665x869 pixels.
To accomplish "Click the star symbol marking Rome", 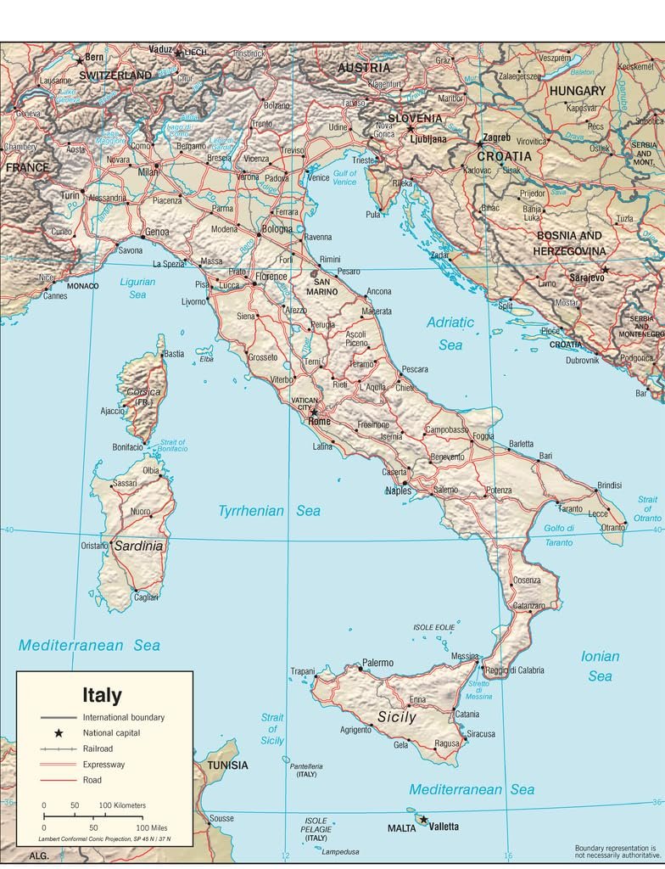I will click(313, 412).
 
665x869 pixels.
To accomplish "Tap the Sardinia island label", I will click(138, 546).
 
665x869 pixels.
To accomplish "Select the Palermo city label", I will click(377, 663).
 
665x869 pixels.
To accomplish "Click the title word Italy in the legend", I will click(102, 696).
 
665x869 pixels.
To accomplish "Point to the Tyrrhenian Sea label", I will click(270, 511).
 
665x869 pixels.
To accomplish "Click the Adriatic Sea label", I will click(450, 334).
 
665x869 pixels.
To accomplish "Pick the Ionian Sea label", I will click(600, 665).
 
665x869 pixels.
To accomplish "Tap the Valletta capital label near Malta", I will click(444, 827).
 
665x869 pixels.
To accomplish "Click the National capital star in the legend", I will click(59, 732).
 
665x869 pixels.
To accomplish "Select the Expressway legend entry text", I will click(103, 765).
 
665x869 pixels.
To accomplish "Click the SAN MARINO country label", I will click(323, 285).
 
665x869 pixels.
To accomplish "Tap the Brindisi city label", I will click(609, 485).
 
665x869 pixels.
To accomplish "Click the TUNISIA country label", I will click(226, 765).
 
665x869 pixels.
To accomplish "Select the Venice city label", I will click(318, 178).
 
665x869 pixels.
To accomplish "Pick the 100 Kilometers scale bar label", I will click(123, 805).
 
